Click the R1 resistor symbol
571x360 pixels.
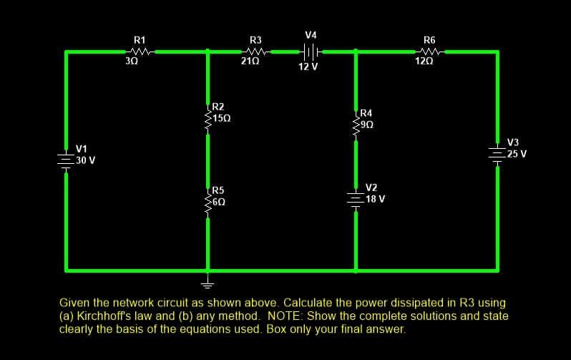[x=140, y=52]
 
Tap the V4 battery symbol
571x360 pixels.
[x=311, y=52]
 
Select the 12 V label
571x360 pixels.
[x=308, y=67]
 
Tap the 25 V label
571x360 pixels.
[x=515, y=153]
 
